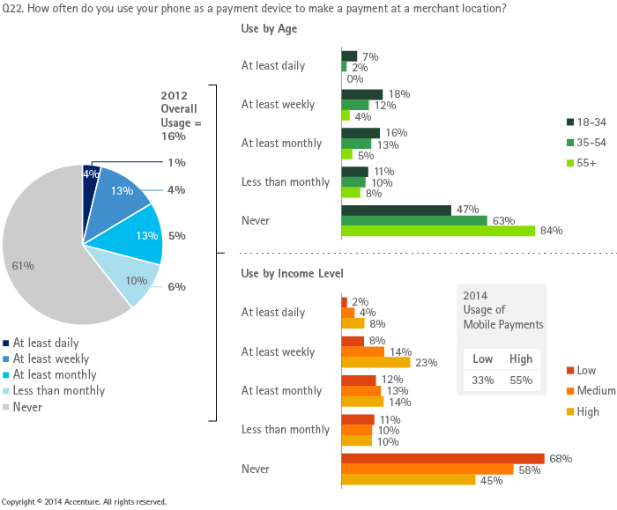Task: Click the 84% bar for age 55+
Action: click(x=438, y=231)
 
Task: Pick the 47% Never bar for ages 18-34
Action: click(x=397, y=210)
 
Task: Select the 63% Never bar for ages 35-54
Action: click(x=414, y=220)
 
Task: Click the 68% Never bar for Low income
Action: click(x=443, y=459)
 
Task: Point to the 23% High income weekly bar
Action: click(x=375, y=362)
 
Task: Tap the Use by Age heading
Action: click(x=269, y=29)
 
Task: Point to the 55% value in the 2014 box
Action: click(x=521, y=381)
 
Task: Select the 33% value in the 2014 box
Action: click(x=483, y=381)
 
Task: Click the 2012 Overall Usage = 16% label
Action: click(x=181, y=116)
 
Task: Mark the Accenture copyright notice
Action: click(x=84, y=501)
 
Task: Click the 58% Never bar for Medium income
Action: click(x=427, y=469)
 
